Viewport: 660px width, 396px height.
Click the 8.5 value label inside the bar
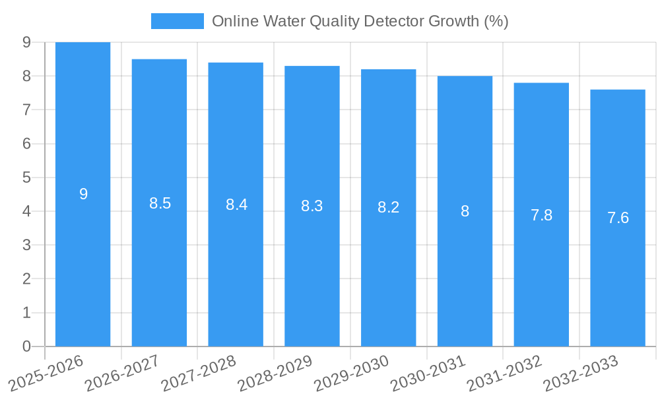pos(160,203)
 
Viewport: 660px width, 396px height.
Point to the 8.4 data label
pos(236,205)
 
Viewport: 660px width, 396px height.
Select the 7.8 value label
pos(541,215)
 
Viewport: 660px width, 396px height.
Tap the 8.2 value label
pos(388,207)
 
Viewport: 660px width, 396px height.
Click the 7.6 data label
pos(618,218)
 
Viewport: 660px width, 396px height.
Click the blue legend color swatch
pos(177,21)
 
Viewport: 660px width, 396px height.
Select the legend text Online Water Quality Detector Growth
pos(360,21)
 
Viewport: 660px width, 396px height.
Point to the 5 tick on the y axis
pos(26,178)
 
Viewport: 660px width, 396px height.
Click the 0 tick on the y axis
pos(26,346)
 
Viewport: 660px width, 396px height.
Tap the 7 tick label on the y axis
pos(26,110)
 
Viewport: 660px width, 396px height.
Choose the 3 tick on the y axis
pos(26,245)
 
